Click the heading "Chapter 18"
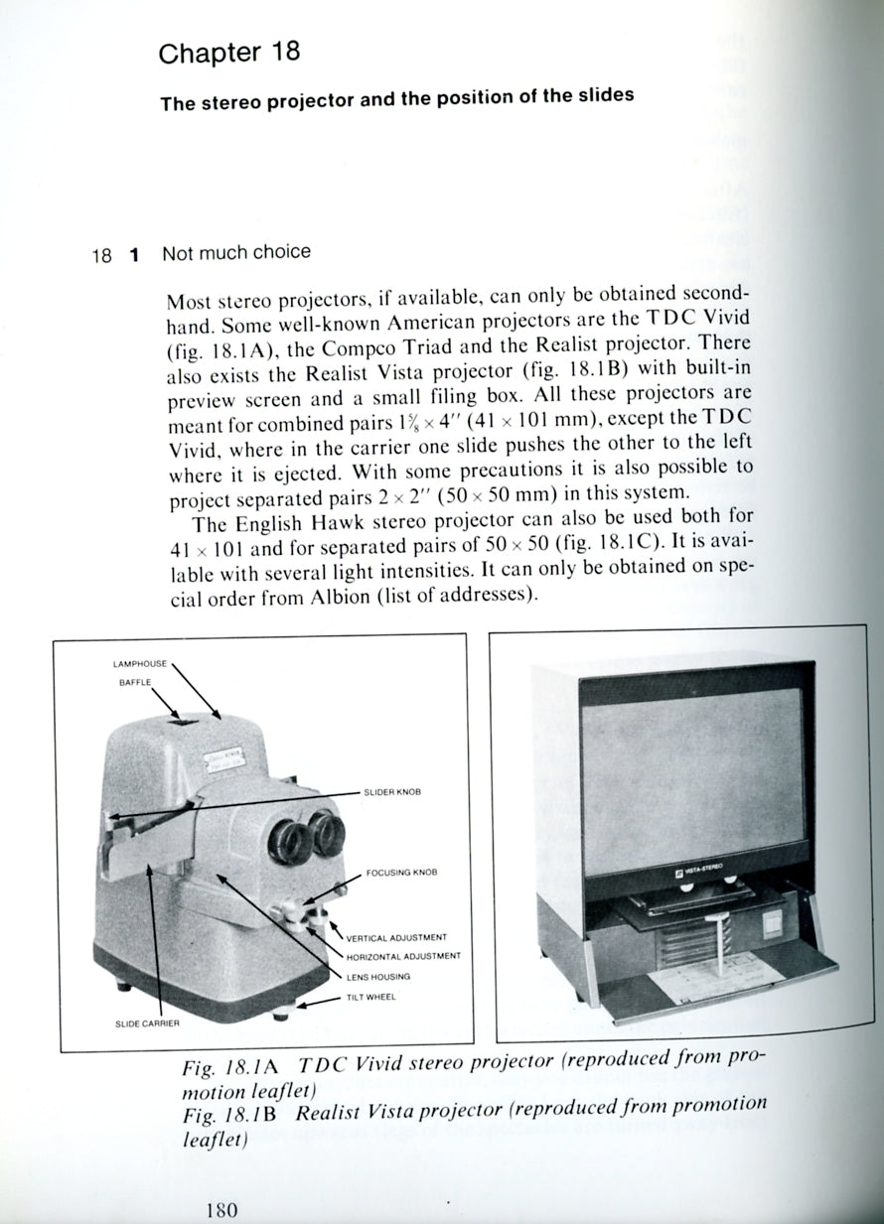(x=229, y=53)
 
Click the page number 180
(x=221, y=1209)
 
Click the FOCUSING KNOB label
(x=401, y=873)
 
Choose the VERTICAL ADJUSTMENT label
(x=396, y=936)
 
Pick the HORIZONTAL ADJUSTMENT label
(x=403, y=956)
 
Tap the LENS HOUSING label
(x=377, y=977)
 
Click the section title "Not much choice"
(x=236, y=252)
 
